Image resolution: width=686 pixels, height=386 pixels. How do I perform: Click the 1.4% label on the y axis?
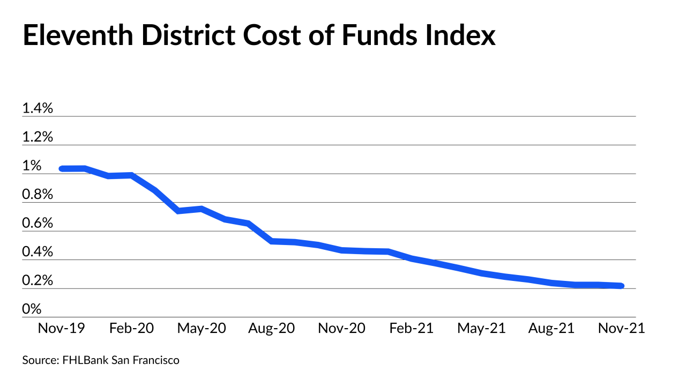[38, 109]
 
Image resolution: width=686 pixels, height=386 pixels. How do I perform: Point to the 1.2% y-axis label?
[38, 137]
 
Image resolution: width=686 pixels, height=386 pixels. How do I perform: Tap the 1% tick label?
[32, 166]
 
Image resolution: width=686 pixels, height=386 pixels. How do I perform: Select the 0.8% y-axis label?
[38, 195]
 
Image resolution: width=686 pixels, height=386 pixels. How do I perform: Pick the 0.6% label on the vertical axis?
[38, 224]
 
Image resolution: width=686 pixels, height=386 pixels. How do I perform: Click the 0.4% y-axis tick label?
[38, 252]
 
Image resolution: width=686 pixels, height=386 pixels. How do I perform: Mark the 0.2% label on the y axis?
[38, 281]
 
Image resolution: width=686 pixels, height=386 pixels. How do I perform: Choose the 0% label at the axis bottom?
[32, 309]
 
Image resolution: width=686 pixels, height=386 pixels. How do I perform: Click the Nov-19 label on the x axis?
[61, 328]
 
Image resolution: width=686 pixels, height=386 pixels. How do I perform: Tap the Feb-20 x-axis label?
[131, 328]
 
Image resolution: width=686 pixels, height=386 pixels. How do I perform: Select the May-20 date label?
[202, 328]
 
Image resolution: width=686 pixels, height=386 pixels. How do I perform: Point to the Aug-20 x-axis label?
[271, 328]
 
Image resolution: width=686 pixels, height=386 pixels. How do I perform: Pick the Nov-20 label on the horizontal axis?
[341, 328]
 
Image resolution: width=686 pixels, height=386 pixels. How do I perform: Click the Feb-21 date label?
[411, 328]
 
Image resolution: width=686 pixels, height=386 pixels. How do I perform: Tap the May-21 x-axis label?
[481, 328]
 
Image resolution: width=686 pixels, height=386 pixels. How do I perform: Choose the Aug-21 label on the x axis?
[551, 328]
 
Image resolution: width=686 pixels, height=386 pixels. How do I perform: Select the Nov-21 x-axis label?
[621, 328]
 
